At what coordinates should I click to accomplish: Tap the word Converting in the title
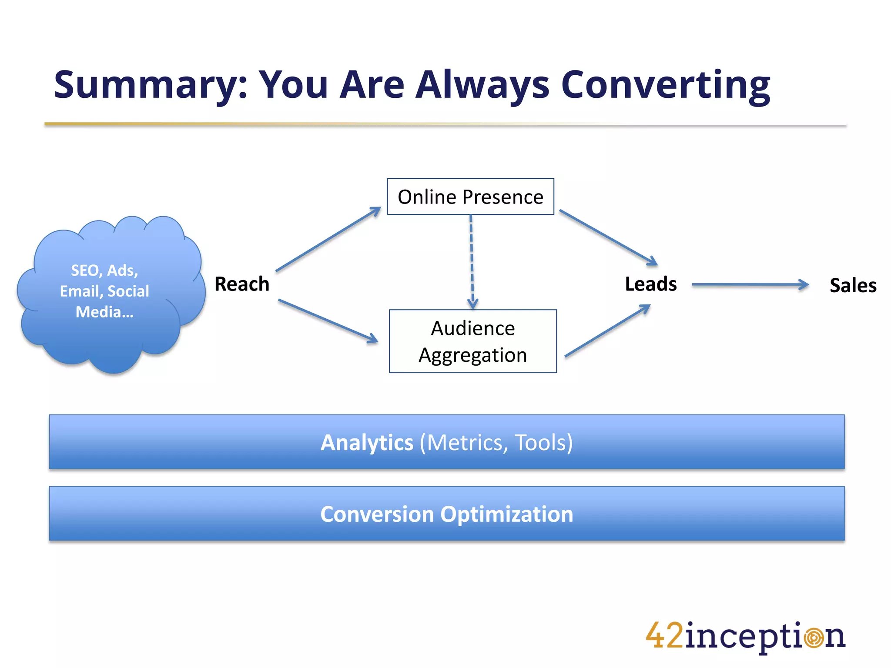tap(666, 85)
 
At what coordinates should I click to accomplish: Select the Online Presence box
tap(470, 197)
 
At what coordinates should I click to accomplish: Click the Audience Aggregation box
tap(473, 341)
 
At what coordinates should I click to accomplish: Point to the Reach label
tap(242, 284)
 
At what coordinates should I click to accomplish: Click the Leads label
tap(651, 284)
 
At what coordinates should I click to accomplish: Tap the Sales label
tap(853, 286)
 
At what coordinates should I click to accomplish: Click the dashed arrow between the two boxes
tap(472, 261)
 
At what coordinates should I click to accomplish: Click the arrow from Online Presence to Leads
tap(608, 237)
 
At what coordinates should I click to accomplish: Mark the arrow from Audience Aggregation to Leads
tap(607, 331)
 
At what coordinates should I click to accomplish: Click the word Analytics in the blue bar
tap(367, 443)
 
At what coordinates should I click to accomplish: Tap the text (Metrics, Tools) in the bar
tap(496, 443)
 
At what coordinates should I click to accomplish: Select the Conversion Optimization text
tap(447, 514)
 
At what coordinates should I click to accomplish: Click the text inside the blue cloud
tap(104, 291)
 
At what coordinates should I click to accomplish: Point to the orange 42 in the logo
tap(664, 636)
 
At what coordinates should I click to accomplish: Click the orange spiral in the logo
tap(814, 638)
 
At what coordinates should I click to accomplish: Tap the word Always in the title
tap(483, 85)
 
